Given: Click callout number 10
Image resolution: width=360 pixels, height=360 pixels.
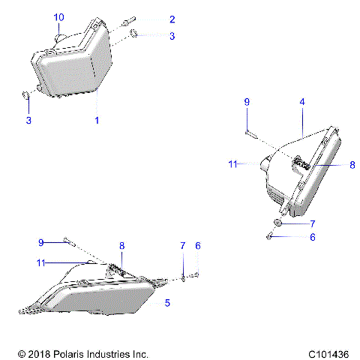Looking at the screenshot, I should click(59, 16).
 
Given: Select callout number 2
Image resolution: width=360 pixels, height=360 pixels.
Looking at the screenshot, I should click(172, 19).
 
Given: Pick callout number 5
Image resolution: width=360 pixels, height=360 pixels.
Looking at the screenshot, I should click(168, 303).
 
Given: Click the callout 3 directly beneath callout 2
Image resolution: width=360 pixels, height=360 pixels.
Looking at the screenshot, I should click(172, 35).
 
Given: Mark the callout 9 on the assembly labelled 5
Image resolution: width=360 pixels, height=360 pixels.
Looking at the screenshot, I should click(42, 241).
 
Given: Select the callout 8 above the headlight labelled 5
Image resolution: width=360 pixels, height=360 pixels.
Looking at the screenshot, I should click(122, 245).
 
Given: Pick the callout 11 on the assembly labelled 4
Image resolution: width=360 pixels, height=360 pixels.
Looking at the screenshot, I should click(233, 163).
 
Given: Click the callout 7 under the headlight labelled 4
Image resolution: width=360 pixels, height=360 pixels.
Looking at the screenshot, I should click(313, 223).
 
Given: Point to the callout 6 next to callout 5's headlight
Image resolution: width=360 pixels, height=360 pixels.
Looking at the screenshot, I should click(198, 245).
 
